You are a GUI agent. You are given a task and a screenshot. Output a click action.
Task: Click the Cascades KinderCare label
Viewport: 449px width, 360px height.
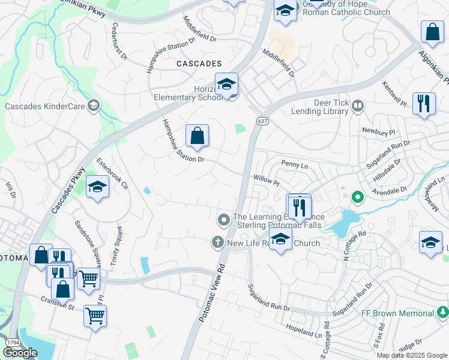tap(44, 106)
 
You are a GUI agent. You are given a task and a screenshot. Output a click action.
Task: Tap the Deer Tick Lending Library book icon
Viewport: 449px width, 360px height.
tap(358, 106)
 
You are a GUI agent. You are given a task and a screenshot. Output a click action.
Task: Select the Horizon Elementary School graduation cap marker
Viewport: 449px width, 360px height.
tap(226, 85)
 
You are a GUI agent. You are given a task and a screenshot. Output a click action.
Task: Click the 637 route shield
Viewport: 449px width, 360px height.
tap(264, 121)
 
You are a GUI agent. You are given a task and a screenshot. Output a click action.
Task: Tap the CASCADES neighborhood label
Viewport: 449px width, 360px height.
tap(199, 63)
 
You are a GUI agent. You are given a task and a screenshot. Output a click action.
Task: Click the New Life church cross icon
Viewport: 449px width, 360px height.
tap(218, 243)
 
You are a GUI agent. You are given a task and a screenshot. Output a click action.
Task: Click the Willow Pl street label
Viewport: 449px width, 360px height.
tap(267, 179)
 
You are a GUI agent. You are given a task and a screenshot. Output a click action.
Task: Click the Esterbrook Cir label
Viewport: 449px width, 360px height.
tap(112, 175)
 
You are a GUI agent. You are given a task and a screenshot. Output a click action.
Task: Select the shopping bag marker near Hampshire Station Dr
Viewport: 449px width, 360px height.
tap(197, 137)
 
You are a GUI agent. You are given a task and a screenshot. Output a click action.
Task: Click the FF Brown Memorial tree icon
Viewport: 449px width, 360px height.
tap(443, 313)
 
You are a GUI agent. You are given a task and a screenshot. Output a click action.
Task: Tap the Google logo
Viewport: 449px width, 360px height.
tap(20, 353)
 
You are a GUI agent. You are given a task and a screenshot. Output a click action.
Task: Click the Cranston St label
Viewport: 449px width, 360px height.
tap(57, 307)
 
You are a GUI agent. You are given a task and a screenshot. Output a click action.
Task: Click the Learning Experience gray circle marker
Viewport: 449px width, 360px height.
tap(224, 220)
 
